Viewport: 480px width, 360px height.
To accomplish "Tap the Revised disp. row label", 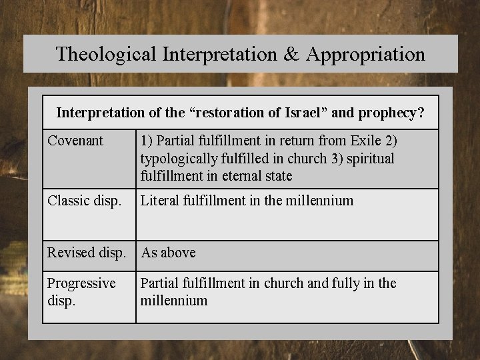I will tap(86, 253).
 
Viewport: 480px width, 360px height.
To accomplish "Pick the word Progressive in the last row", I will tap(81, 283).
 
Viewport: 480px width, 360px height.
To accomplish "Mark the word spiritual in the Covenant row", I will tap(370, 159).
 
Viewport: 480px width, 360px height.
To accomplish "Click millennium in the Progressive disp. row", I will tap(174, 301).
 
